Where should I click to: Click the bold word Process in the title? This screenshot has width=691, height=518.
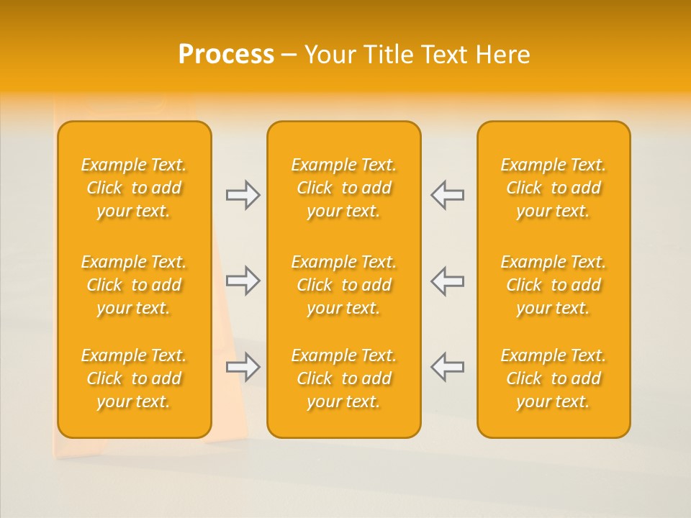coord(226,55)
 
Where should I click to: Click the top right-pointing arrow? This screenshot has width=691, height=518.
coord(243,195)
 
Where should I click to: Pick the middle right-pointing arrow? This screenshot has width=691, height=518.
coord(243,281)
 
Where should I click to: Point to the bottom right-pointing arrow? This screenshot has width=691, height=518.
coord(243,367)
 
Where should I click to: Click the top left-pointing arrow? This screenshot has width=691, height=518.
coord(447,195)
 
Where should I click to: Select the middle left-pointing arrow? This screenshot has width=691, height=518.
coord(447,281)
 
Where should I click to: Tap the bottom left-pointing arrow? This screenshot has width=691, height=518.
coord(447,367)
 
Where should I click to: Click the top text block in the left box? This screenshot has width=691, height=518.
coord(134,188)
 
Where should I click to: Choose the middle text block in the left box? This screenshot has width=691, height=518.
coord(134,285)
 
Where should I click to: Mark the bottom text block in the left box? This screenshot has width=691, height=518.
coord(134,378)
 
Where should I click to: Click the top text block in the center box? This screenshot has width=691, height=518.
coord(343,188)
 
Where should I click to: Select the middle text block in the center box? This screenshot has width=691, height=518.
coord(343,285)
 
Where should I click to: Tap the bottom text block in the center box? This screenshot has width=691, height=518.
coord(343,378)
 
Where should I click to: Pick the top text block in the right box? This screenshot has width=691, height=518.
coord(554,188)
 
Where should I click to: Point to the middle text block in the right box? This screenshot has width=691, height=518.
coord(554,285)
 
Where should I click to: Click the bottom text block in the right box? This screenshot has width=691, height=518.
coord(554,378)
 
